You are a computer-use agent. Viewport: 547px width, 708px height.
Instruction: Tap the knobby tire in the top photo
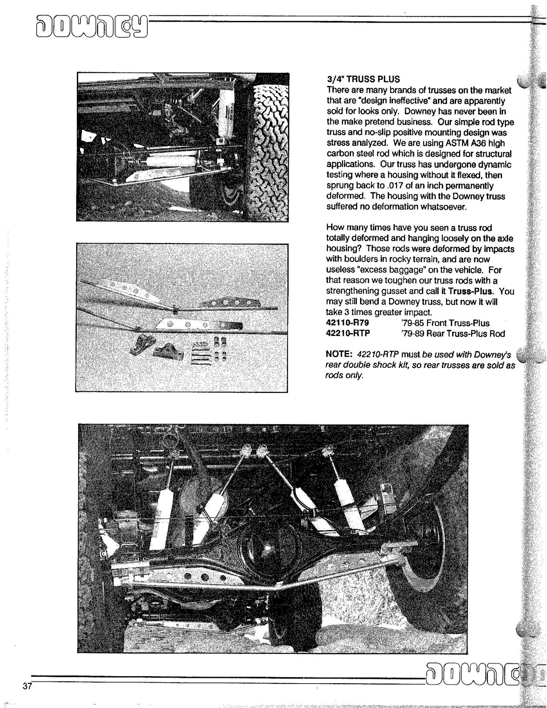[271, 142]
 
